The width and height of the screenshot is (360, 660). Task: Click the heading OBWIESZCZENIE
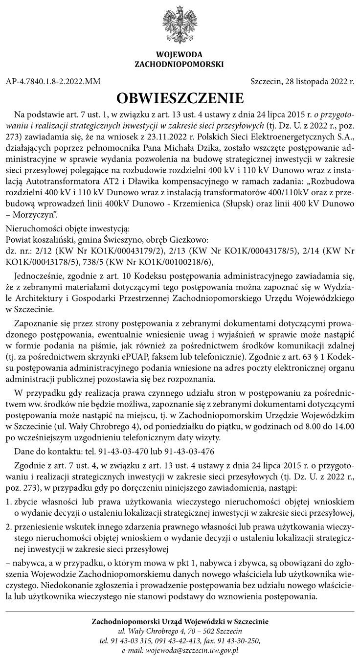coord(180,97)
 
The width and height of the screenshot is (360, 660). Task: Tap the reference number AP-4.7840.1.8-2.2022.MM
coord(53,81)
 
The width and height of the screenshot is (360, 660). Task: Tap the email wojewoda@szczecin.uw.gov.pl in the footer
coord(180,651)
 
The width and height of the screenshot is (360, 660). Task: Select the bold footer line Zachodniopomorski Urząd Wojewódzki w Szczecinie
coord(180,621)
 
